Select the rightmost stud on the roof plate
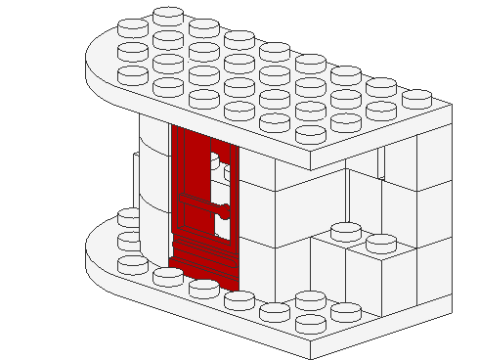[x=415, y=98]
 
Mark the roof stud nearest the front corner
[x=310, y=133]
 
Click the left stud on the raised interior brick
[x=345, y=231]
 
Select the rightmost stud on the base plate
[x=344, y=312]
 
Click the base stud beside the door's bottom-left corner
[x=165, y=277]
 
